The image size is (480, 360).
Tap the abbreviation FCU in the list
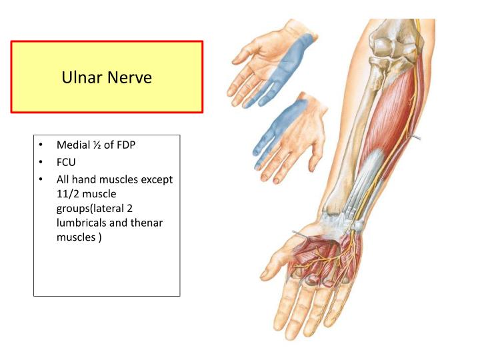(66, 162)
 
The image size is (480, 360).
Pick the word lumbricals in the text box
(81, 223)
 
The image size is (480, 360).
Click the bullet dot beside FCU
(41, 162)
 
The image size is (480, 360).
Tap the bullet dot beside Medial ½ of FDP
(41, 145)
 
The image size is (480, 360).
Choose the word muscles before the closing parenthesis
(76, 237)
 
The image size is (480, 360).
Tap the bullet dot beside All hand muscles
(41, 179)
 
